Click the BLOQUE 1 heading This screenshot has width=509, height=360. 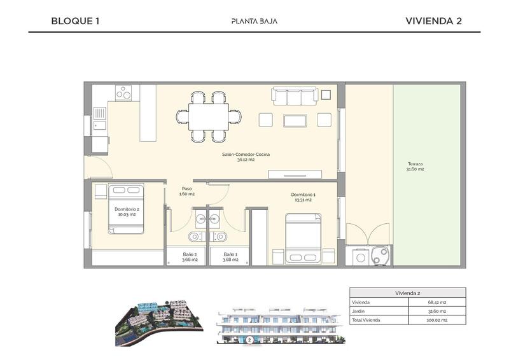75,21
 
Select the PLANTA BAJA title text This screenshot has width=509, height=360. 254,21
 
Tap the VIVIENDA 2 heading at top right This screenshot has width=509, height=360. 433,21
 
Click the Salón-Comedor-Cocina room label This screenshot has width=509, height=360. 241,157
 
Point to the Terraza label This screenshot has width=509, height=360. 416,167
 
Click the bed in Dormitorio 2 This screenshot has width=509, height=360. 127,209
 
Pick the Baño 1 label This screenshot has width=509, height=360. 230,256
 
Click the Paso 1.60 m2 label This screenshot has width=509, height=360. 187,191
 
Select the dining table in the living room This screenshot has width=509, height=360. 209,116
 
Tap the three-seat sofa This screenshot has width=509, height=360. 294,96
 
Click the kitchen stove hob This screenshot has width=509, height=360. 123,93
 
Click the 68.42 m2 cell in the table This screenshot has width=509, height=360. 436,301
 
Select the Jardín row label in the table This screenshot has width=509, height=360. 358,311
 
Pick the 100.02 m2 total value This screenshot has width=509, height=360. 436,320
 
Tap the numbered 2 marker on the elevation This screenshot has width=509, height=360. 249,340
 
